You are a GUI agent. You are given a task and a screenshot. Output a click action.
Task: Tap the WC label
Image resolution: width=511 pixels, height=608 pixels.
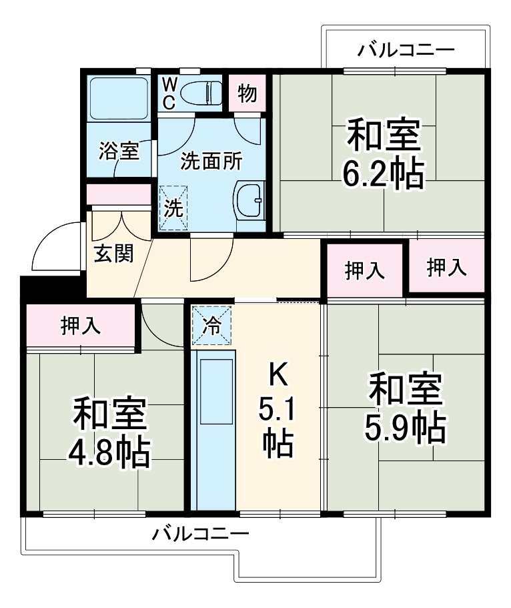(x=169, y=93)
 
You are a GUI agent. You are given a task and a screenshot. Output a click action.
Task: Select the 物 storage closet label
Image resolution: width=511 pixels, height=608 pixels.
(x=247, y=93)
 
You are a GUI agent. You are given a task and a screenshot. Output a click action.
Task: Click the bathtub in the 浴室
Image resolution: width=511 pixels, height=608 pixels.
(x=118, y=98)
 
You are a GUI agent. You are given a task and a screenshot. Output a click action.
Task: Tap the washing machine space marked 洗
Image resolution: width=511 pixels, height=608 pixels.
(x=173, y=208)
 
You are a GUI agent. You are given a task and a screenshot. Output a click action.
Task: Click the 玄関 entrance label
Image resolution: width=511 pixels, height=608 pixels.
(x=112, y=254)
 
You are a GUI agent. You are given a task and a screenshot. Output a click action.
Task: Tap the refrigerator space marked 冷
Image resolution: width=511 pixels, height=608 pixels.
(x=211, y=326)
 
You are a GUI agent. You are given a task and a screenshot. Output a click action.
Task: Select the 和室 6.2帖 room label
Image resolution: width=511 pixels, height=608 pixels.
(x=383, y=154)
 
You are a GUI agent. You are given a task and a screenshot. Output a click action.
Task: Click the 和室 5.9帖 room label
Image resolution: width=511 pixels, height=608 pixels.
(x=405, y=408)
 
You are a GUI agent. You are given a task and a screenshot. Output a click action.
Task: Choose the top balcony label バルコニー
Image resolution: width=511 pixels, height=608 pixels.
(x=406, y=49)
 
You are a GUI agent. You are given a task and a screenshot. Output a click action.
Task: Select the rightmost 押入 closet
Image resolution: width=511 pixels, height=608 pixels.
(x=446, y=267)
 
